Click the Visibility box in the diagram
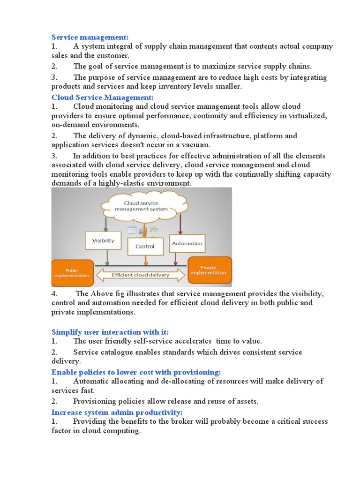(103, 241)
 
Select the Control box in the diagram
(145, 246)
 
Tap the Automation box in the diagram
(187, 243)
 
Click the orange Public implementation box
(71, 272)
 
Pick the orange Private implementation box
(210, 270)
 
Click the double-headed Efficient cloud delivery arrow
(140, 275)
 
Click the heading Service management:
(90, 37)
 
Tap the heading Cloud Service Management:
(102, 97)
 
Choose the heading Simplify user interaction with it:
(110, 332)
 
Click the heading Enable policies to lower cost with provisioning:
(136, 372)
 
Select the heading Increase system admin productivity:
(117, 412)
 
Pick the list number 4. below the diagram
(54, 294)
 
